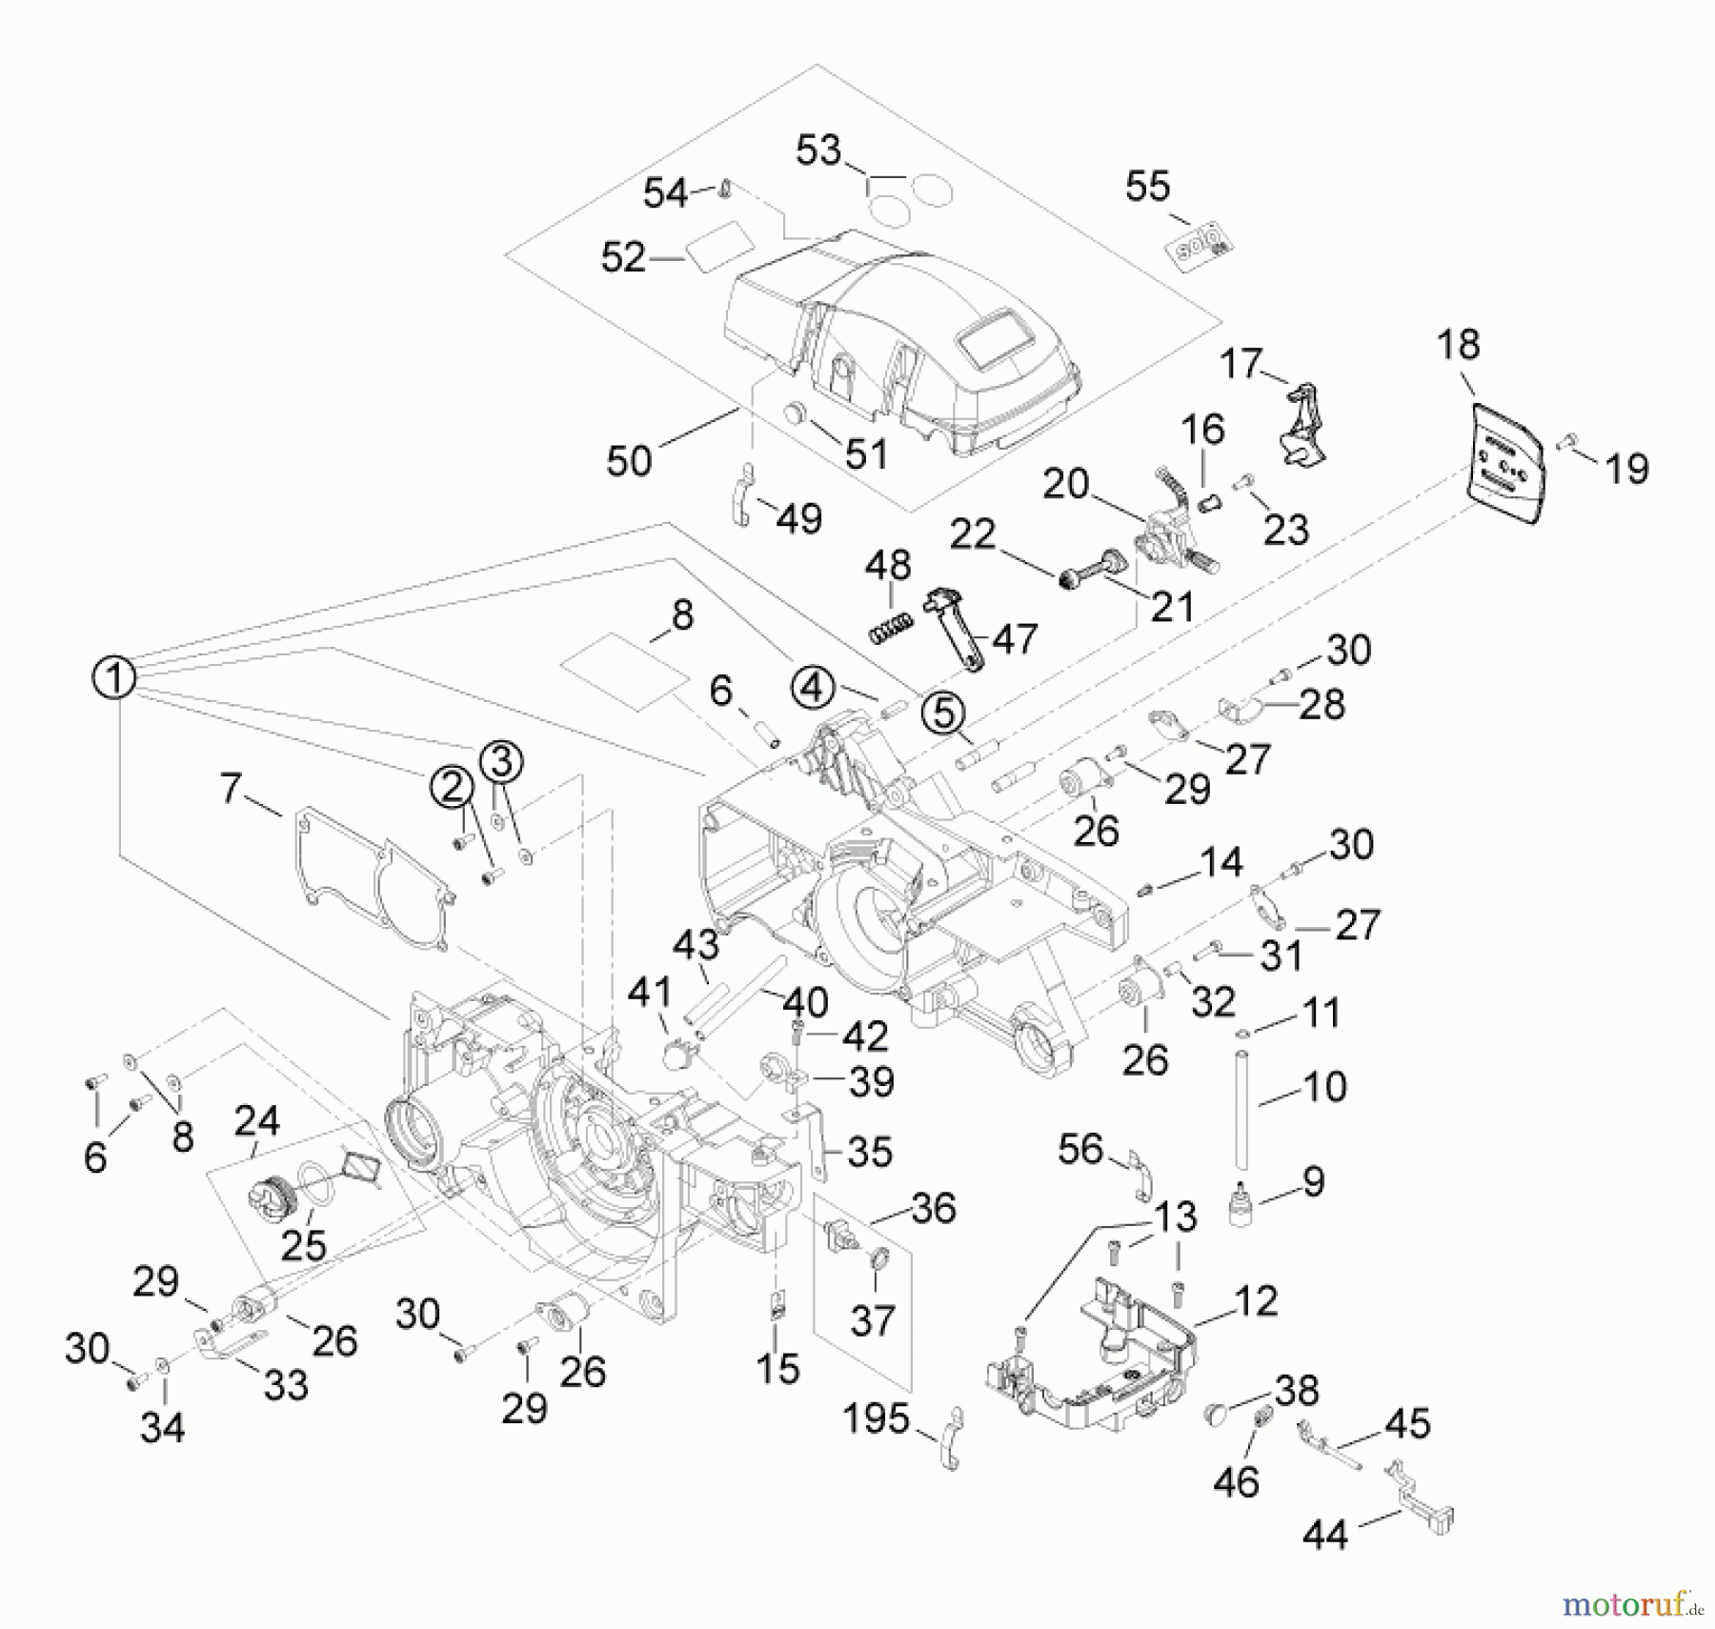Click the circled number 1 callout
point(113,678)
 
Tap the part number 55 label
point(1147,187)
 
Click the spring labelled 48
point(890,629)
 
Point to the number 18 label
point(1459,345)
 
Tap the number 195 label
point(876,1419)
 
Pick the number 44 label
point(1324,1535)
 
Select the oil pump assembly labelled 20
point(1170,549)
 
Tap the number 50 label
point(629,461)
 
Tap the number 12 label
point(1255,1301)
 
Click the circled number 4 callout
point(812,687)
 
